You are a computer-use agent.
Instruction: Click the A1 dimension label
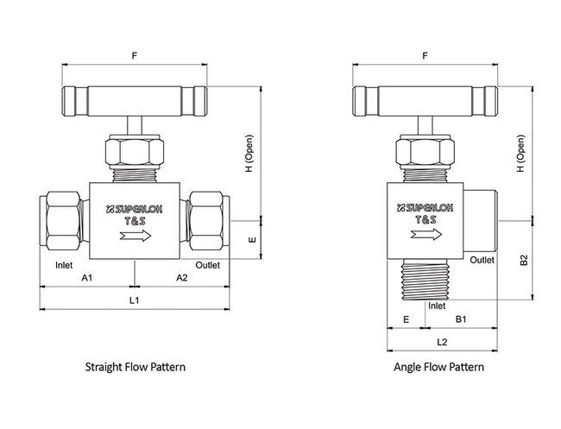tap(86, 278)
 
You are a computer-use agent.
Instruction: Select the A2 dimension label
tap(182, 278)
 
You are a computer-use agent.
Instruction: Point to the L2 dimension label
tap(442, 342)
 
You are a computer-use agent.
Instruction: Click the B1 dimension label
tap(461, 319)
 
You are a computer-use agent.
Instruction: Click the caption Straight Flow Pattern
tap(136, 367)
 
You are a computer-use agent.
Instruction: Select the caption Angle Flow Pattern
tap(438, 367)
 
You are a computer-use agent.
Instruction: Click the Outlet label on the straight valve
tap(208, 264)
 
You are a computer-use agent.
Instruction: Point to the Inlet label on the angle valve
tap(437, 305)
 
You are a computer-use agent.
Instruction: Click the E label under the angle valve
tap(406, 319)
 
